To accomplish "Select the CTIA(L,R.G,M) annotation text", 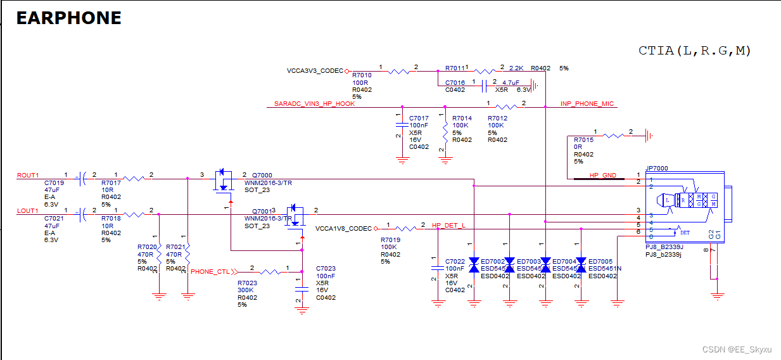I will click(x=694, y=51).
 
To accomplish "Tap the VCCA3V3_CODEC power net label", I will click(x=315, y=71).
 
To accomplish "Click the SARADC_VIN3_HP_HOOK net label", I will click(x=314, y=104).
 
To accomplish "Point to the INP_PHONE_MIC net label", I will click(x=587, y=104).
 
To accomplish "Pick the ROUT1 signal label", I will click(x=28, y=176).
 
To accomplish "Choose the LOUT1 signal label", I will click(x=28, y=210).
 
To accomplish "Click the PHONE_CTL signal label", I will click(x=210, y=272).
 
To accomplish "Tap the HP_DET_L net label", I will click(x=448, y=226).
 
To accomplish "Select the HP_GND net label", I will click(x=602, y=176).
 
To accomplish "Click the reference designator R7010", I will click(x=362, y=75).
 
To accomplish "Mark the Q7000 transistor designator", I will click(x=262, y=176).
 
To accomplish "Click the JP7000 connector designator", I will click(x=656, y=169).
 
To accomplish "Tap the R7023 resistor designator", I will click(x=247, y=283).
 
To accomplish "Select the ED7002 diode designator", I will click(x=493, y=262).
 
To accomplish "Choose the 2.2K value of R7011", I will click(x=516, y=68).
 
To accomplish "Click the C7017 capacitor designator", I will click(x=419, y=119).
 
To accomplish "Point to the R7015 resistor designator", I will click(x=583, y=140).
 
